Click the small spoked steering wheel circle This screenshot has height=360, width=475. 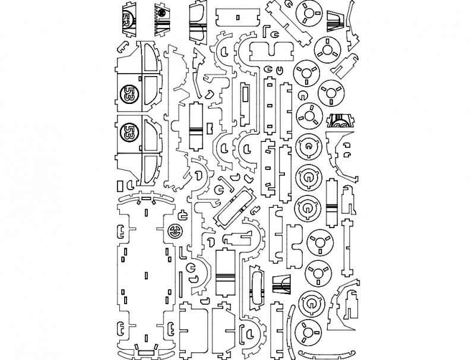[175, 232]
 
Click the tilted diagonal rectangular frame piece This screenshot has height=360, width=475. [234, 207]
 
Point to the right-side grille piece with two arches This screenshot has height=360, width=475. [340, 121]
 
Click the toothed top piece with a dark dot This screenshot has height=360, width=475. [161, 18]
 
